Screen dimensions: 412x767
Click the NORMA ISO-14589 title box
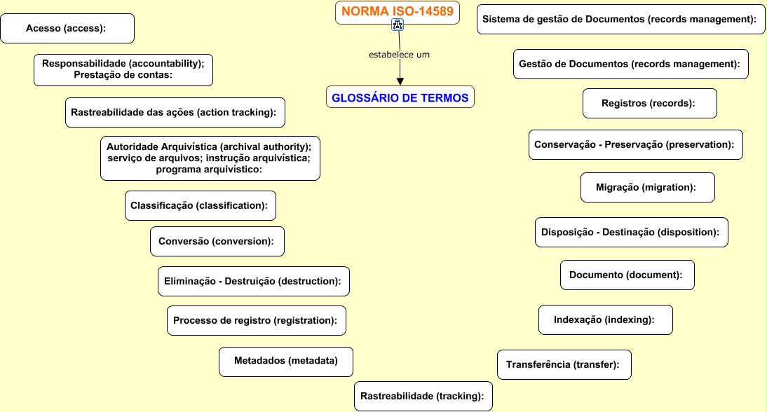(398, 11)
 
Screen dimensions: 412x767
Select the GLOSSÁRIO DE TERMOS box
(400, 97)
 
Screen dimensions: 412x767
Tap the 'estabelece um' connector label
(399, 55)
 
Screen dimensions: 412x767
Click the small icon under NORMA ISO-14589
(398, 26)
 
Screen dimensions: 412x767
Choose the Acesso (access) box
(67, 29)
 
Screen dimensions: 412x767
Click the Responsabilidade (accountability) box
(123, 69)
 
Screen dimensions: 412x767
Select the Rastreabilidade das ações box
(175, 112)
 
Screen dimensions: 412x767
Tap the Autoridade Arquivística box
(210, 158)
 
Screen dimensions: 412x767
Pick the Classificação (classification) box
(200, 206)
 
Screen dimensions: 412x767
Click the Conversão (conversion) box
(217, 241)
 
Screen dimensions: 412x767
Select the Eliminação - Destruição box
(253, 282)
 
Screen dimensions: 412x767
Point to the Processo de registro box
(256, 320)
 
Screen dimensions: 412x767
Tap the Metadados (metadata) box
(285, 362)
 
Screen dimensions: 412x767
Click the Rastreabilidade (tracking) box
(422, 396)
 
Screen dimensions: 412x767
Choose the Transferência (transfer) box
(564, 365)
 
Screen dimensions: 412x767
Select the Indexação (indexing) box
(605, 320)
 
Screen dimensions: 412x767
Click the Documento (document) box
(627, 275)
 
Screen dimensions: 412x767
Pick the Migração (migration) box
(647, 188)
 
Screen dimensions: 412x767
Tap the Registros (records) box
(649, 104)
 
